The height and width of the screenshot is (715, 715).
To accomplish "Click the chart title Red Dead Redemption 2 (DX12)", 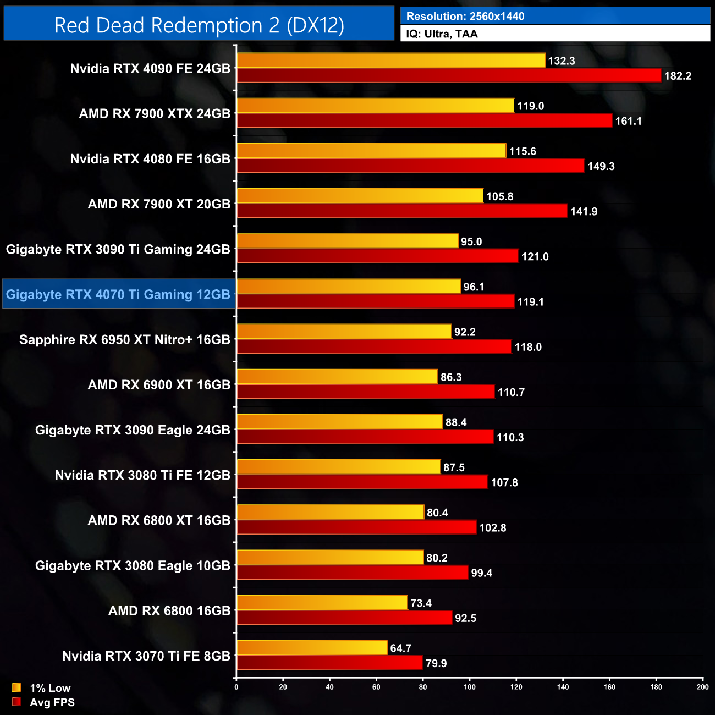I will click(199, 25).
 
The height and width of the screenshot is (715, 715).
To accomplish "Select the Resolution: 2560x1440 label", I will click(465, 16).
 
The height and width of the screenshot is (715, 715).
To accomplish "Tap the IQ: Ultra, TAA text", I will click(442, 34).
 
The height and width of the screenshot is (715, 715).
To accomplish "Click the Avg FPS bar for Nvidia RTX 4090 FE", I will click(449, 76).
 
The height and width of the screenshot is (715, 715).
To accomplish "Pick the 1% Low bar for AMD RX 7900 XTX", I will click(375, 106).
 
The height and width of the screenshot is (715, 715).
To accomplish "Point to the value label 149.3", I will click(601, 166).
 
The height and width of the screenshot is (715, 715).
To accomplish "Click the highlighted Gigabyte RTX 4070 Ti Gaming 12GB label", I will click(118, 294).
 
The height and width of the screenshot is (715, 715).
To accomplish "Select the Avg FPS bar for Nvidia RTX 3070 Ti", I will click(329, 663).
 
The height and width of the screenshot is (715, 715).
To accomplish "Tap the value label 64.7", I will click(400, 648).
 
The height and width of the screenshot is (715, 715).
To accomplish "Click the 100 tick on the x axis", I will click(470, 687).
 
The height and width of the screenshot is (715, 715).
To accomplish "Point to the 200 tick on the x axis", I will click(702, 687).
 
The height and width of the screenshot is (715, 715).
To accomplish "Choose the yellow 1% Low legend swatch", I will click(16, 687).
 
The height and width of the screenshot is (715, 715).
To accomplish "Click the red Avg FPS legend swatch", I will click(16, 702).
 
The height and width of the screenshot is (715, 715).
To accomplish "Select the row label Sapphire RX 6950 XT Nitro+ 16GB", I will click(125, 339).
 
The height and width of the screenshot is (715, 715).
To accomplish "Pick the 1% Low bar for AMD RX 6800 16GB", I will click(322, 603).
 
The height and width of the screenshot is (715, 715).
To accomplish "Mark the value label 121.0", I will click(535, 257).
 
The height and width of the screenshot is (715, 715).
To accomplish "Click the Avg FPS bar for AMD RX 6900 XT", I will click(366, 392).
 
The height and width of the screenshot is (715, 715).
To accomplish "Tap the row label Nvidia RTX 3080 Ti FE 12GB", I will click(142, 475).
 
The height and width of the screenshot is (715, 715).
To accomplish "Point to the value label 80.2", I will click(437, 558).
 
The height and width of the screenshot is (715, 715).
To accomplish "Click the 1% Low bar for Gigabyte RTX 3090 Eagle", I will click(340, 422).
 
